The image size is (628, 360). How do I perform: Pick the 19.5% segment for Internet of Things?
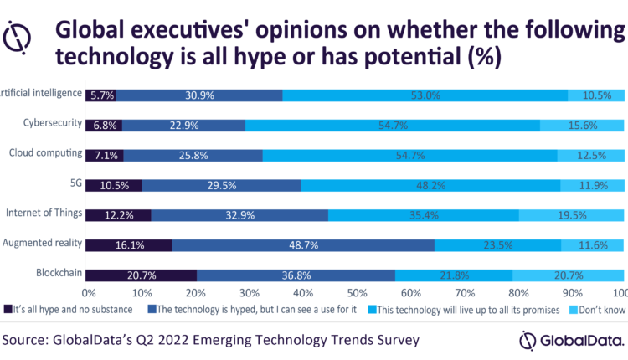point(573,215)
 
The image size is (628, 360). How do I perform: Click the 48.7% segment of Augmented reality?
point(303,245)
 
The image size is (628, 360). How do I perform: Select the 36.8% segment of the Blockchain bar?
point(296,275)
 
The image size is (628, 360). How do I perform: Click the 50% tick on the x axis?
point(357,292)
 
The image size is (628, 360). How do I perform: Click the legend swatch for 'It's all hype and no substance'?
point(8,308)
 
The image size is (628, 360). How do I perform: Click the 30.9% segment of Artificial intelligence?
point(198,95)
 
